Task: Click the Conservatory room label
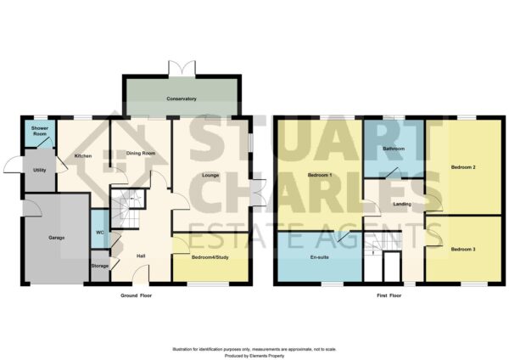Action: coord(182,98)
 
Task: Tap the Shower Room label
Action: coord(40,131)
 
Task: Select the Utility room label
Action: coord(40,170)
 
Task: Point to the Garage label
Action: coord(57,238)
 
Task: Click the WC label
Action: coord(100,233)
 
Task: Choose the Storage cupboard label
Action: coord(99,266)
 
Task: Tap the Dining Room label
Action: coord(141,153)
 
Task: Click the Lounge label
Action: coord(210,175)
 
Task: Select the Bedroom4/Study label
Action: coord(210,257)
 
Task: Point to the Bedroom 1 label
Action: coord(320,175)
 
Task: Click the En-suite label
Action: coord(320,257)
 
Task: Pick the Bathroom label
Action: coord(394,149)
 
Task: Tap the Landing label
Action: coord(402,204)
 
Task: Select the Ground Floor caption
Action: coord(136,295)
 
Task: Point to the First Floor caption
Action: coord(389,295)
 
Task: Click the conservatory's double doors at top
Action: coord(182,70)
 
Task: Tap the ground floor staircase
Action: coord(127,208)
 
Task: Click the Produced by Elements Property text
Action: coord(255,356)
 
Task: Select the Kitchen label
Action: coord(83,156)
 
